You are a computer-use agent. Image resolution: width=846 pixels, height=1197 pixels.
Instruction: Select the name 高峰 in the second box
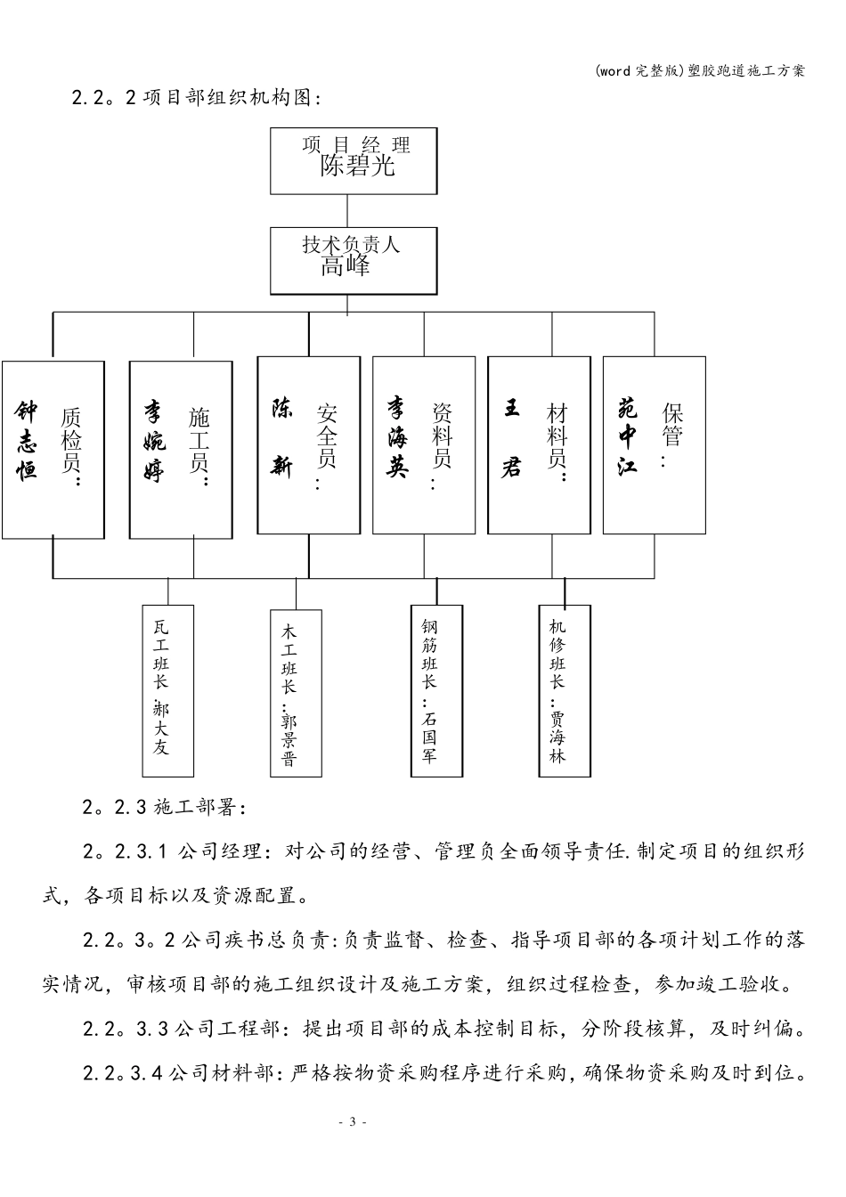(x=346, y=266)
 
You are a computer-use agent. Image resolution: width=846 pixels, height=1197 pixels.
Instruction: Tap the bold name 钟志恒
(x=28, y=440)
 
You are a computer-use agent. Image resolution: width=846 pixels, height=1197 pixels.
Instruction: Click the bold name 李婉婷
(x=154, y=440)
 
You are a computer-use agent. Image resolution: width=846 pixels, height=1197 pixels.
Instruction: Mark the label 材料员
(x=557, y=441)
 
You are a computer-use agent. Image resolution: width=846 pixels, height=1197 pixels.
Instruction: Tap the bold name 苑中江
(x=628, y=436)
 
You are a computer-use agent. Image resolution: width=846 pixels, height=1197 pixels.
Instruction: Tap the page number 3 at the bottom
(x=352, y=1121)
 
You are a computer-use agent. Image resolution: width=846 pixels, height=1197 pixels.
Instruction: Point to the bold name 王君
(x=511, y=437)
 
